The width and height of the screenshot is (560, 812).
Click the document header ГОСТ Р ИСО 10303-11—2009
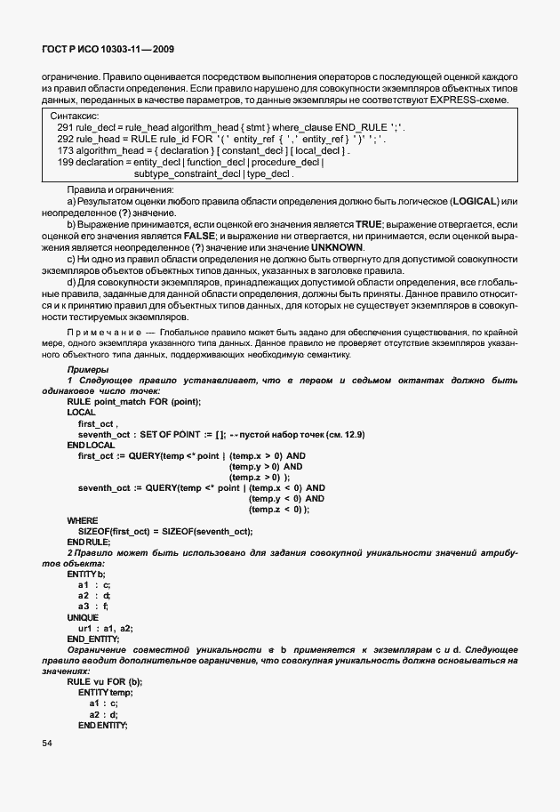[x=113, y=51]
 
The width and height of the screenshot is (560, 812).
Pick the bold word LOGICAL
[x=476, y=204]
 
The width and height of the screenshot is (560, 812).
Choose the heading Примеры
[x=88, y=368]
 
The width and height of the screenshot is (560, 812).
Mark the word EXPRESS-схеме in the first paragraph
[x=475, y=99]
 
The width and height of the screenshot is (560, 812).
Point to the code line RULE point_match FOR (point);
[x=133, y=401]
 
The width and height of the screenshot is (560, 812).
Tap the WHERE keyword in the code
[x=83, y=519]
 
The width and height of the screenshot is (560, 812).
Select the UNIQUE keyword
[x=83, y=616]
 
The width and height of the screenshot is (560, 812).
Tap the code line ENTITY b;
[x=85, y=574]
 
